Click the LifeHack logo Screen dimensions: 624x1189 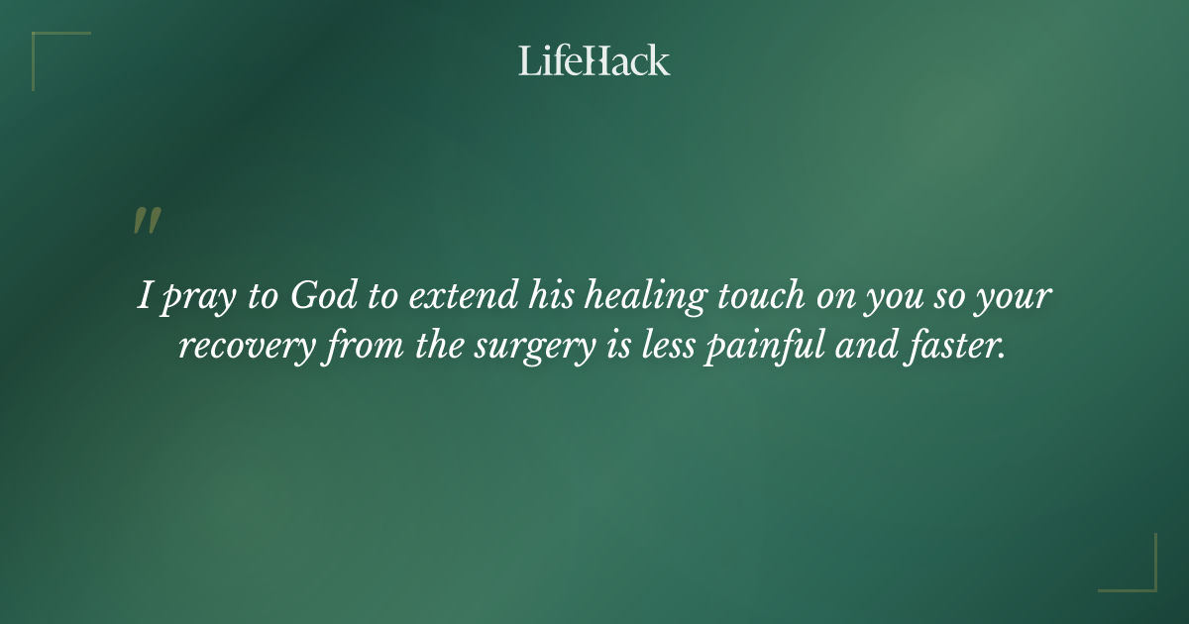tap(594, 60)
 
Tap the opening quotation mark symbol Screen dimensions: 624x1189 tap(146, 221)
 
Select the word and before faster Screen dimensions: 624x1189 tap(864, 349)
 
